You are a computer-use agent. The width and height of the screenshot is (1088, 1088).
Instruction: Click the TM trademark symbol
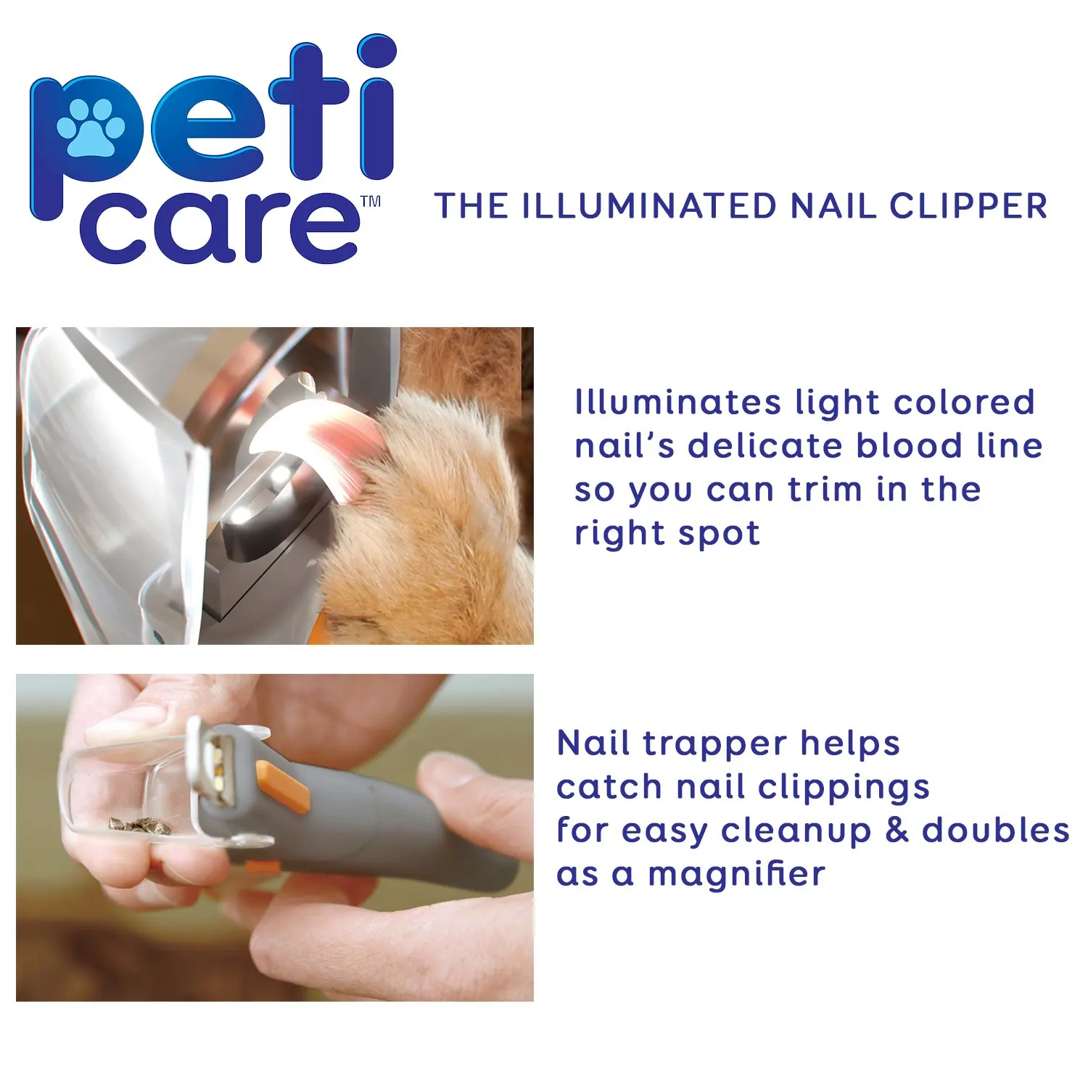[371, 202]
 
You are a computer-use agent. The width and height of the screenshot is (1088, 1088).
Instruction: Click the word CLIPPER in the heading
[968, 206]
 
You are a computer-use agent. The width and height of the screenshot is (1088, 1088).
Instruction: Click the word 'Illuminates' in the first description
[677, 403]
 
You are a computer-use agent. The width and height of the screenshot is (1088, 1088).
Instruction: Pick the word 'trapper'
[704, 743]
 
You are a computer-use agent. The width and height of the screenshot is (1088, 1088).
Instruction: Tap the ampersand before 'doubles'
[897, 831]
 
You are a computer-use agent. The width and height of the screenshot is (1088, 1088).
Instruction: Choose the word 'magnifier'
[736, 874]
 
